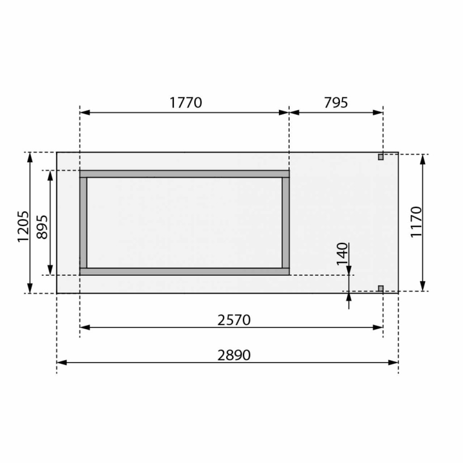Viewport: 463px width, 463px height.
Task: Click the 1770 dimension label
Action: click(x=186, y=103)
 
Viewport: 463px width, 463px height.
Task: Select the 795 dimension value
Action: click(x=336, y=103)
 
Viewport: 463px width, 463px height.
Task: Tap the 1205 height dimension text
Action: click(x=23, y=227)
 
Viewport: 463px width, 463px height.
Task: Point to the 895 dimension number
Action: click(x=42, y=227)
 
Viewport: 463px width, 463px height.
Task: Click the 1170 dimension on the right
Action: click(x=416, y=222)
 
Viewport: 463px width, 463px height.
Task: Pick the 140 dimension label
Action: click(x=343, y=254)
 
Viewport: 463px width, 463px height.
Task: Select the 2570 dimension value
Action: click(x=234, y=320)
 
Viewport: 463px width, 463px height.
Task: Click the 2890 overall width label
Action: click(x=234, y=355)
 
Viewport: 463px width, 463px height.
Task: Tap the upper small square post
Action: click(x=381, y=157)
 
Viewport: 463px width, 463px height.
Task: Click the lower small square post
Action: click(x=381, y=288)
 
